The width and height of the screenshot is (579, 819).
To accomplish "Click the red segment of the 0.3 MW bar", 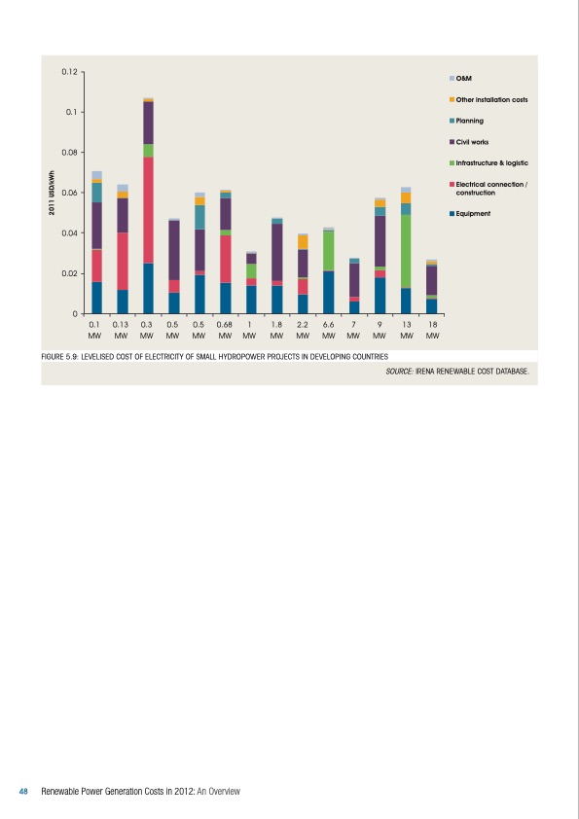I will tap(148, 210).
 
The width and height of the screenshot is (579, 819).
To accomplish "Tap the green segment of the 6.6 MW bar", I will tap(329, 250).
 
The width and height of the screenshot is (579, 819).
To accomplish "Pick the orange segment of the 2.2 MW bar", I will tap(303, 241).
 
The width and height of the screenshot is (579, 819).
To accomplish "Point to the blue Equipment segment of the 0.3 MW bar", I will tap(148, 288).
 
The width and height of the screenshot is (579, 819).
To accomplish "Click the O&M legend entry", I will tap(463, 78).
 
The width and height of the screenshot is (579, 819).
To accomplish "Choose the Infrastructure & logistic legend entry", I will tap(491, 163).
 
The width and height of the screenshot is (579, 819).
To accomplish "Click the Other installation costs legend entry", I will tap(491, 99).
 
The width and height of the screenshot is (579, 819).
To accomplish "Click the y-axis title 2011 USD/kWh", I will tap(51, 193).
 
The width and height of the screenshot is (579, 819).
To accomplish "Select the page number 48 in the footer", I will tap(24, 791).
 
